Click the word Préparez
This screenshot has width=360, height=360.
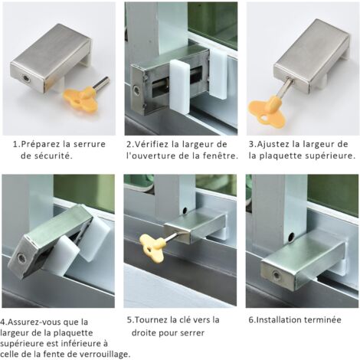pos(43,144)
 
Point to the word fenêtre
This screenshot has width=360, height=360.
pos(220,155)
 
